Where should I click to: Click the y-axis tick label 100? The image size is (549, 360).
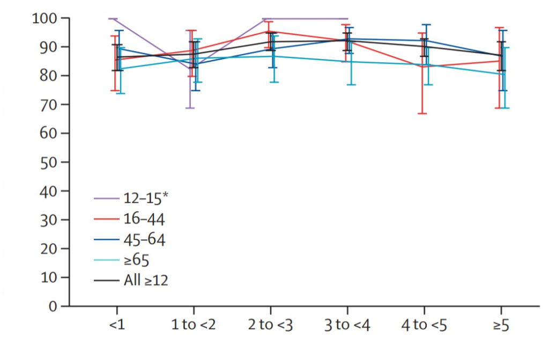point(47,18)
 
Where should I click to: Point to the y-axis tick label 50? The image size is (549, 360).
point(50,162)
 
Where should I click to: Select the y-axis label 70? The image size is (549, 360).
point(50,105)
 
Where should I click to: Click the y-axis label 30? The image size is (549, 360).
point(50,220)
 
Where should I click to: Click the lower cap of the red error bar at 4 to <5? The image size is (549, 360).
point(422,114)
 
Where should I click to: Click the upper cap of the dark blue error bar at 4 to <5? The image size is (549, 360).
point(426,25)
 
